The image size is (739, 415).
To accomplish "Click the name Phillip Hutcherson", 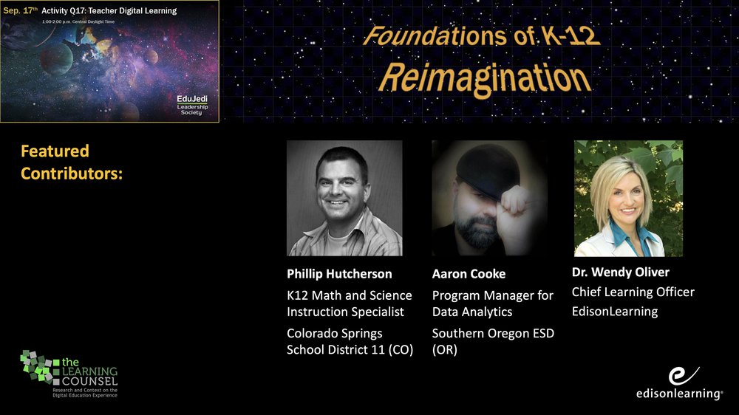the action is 339,274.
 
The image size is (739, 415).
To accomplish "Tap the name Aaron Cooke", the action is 469,274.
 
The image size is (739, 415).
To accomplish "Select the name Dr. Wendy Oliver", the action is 620,272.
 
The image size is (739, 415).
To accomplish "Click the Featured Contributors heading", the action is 72,162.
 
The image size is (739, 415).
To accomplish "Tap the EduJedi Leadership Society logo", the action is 192,105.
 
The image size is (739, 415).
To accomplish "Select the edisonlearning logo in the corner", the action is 679,383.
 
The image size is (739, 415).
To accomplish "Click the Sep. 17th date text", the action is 20,10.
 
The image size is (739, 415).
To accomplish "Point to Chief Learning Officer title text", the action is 633,292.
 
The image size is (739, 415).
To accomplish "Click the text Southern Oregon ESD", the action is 493,334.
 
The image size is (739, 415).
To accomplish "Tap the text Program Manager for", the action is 492,296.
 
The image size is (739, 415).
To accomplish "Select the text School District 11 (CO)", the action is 350,350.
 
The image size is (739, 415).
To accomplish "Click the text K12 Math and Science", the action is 350,295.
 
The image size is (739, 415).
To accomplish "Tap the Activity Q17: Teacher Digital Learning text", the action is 109,11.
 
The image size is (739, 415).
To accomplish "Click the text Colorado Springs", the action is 335,334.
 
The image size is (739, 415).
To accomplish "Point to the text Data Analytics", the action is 472,312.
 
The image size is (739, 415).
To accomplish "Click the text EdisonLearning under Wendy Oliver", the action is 615,312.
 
